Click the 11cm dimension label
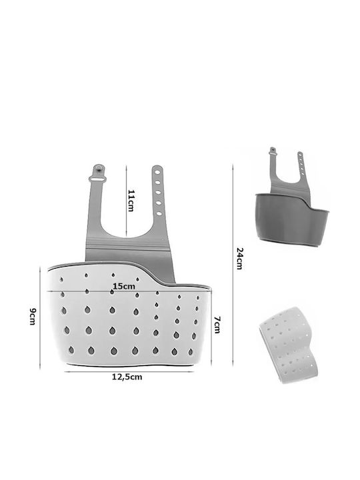pyautogui.click(x=131, y=201)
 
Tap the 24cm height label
pyautogui.click(x=240, y=259)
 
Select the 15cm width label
pyautogui.click(x=124, y=287)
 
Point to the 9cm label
pyautogui.click(x=33, y=316)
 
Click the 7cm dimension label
pyautogui.click(x=217, y=325)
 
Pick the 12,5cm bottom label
pyautogui.click(x=127, y=377)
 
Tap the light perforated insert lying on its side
pyautogui.click(x=289, y=345)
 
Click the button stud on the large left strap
pyautogui.click(x=99, y=169)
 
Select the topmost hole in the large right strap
pyautogui.click(x=157, y=173)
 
